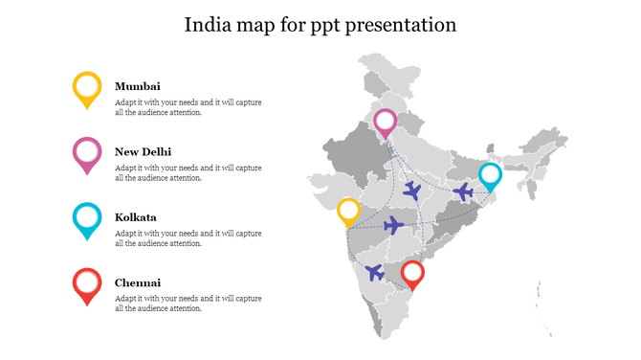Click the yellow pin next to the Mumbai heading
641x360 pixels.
pyautogui.click(x=87, y=88)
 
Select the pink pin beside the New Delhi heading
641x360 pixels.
pyautogui.click(x=87, y=153)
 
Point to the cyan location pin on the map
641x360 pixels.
pyautogui.click(x=490, y=176)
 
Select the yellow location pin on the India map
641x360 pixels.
pyautogui.click(x=348, y=211)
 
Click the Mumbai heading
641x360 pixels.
pyautogui.click(x=138, y=85)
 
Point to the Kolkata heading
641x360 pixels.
pyautogui.click(x=136, y=217)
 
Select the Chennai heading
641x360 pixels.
pyautogui.click(x=138, y=282)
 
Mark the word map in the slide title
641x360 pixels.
pyautogui.click(x=256, y=26)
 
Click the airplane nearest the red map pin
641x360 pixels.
pyautogui.click(x=374, y=272)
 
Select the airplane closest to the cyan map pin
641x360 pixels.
pyautogui.click(x=463, y=192)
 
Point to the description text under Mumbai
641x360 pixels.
pyautogui.click(x=188, y=107)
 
